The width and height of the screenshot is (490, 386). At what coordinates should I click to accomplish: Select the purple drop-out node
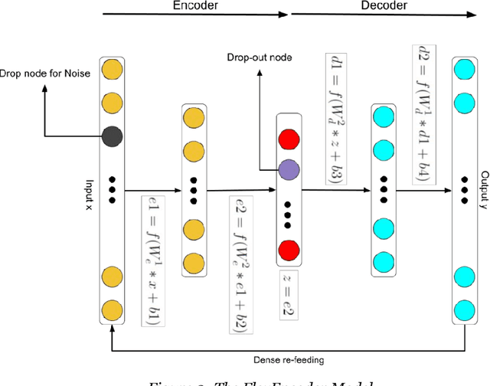[x=289, y=168]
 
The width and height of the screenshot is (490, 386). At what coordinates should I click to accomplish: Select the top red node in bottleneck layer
[x=289, y=139]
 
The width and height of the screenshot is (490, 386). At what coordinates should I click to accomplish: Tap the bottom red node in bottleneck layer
[x=289, y=249]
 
